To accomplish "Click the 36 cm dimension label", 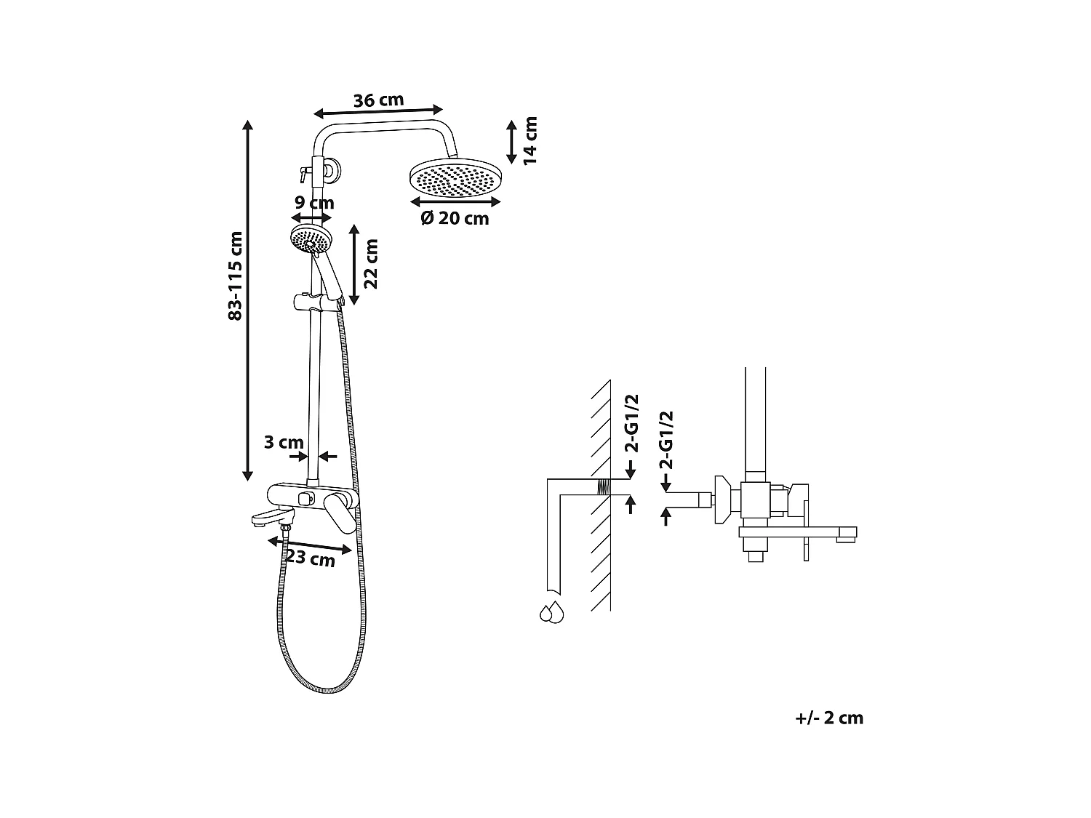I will coord(378,100).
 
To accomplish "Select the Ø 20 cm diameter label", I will coord(455,218).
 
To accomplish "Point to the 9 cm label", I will coord(314,203).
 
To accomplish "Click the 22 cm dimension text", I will coord(371,264).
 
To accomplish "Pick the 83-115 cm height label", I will coord(234,276).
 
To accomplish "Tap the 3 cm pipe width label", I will coord(284,442).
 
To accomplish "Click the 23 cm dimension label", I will coord(311,559).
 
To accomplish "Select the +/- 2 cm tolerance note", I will coord(829,718).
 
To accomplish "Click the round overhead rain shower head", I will coord(456,179).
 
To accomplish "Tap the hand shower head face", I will coord(311,238).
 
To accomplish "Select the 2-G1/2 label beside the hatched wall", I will coord(632,423).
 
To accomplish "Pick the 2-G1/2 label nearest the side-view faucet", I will coord(666,440).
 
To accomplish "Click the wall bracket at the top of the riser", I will coord(331,172).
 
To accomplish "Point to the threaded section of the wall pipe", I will coord(602,487).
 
